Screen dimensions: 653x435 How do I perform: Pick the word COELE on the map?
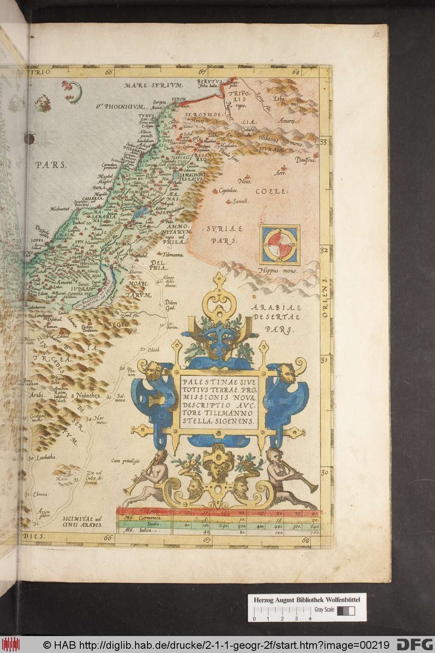268,191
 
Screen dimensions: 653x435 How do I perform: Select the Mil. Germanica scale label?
147,518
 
